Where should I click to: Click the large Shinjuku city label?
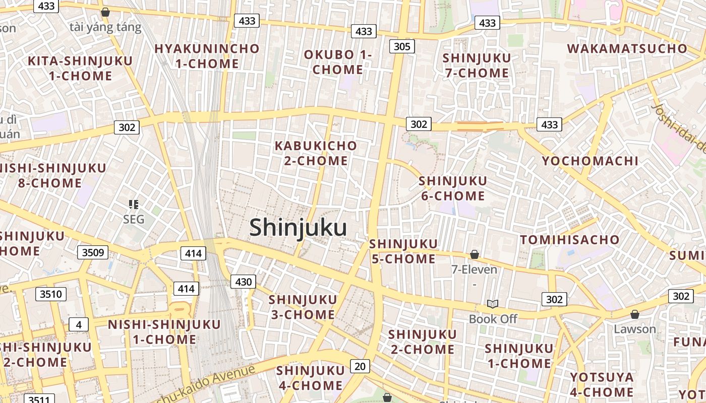tap(298, 228)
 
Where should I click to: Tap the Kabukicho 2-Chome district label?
tap(316, 153)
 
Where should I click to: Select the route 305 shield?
tap(402, 46)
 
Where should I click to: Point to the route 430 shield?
tap(243, 282)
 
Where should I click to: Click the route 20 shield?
tap(360, 366)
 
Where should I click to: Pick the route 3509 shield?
tap(93, 252)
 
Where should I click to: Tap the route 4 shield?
tap(78, 324)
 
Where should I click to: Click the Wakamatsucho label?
tap(627, 49)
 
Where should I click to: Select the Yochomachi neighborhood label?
tap(590, 161)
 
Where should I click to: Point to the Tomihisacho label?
tap(569, 240)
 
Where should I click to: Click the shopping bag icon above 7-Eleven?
tap(474, 254)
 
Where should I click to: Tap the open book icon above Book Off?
tap(493, 304)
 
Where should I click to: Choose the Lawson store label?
tap(635, 329)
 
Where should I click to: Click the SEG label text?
tap(134, 219)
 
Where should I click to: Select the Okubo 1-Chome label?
tap(338, 62)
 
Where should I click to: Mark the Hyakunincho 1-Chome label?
tap(207, 56)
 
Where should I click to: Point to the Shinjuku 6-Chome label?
tap(453, 188)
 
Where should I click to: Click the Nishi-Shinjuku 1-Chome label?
tap(164, 331)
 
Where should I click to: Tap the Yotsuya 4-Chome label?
tap(602, 384)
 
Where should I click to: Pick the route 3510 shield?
tap(51, 294)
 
